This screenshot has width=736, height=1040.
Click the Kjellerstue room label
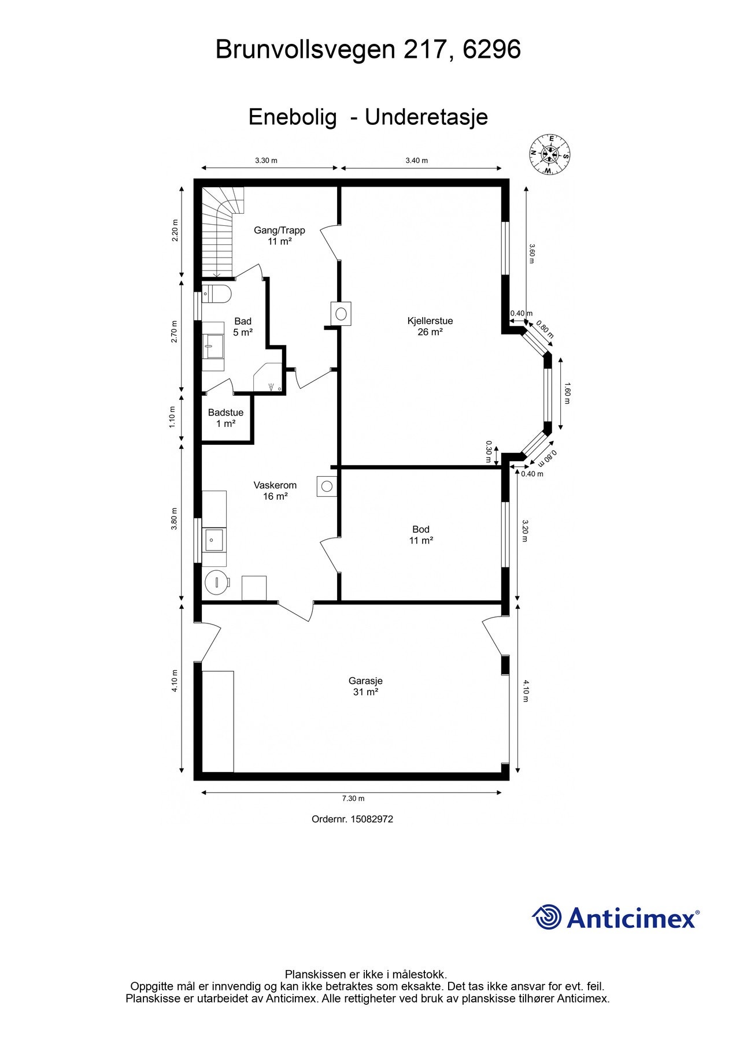pos(430,326)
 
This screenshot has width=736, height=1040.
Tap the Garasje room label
pos(365,686)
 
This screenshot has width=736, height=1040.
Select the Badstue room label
pos(225,418)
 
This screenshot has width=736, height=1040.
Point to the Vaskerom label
pos(275,491)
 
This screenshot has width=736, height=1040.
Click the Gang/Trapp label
pos(279,236)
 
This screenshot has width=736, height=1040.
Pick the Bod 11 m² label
pos(421,535)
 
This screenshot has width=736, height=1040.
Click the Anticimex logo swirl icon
pos(547,917)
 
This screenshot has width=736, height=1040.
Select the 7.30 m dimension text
pos(353,798)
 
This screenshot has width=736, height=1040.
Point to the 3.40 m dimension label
pos(416,161)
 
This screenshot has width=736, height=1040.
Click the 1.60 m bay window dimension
pos(567,393)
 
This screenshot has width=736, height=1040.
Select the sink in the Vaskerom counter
pos(214,540)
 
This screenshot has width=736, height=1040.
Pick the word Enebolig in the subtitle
pos(293,117)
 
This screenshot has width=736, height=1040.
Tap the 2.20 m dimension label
pos(176,231)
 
